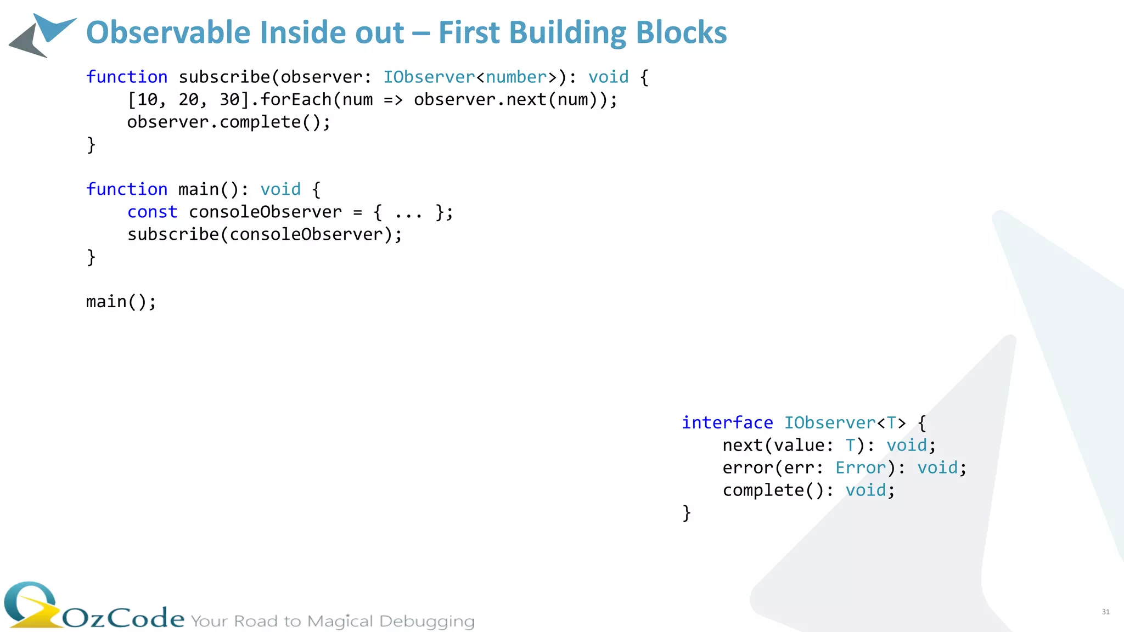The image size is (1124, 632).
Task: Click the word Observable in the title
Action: (x=168, y=33)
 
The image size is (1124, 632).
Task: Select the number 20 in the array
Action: (x=189, y=100)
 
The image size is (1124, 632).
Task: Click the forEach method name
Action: (x=296, y=100)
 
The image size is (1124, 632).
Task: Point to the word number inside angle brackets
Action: (x=516, y=77)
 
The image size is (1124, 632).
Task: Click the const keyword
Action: (x=153, y=212)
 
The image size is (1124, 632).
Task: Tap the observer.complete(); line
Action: (x=229, y=122)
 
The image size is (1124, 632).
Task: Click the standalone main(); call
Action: (x=121, y=302)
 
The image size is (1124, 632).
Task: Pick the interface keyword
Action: (x=727, y=423)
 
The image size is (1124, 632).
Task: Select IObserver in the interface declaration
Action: (x=829, y=423)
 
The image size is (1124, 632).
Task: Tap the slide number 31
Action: (x=1105, y=612)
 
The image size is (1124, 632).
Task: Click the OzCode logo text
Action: (x=123, y=618)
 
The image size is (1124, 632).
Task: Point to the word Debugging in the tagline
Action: (x=426, y=622)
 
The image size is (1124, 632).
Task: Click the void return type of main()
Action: (x=280, y=190)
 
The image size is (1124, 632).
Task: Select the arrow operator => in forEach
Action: (x=393, y=100)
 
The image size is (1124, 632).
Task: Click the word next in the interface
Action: (x=743, y=445)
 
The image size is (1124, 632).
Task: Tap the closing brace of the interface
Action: (x=687, y=513)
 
